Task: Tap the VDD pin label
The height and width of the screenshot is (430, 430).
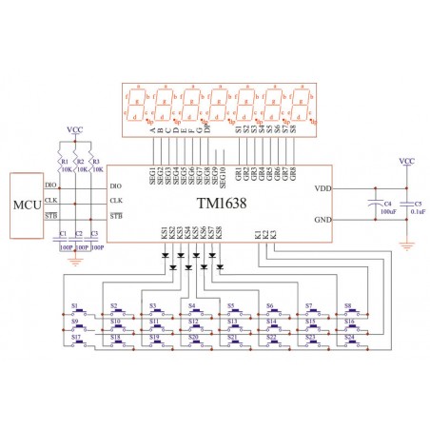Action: pos(322,188)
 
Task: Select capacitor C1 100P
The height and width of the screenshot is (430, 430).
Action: pos(63,240)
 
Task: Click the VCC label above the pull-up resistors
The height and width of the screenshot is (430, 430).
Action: pos(75,128)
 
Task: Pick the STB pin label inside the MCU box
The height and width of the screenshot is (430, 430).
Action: pos(51,216)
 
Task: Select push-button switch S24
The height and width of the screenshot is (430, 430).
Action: pos(351,341)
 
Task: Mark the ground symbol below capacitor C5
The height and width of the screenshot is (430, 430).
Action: pos(406,245)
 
